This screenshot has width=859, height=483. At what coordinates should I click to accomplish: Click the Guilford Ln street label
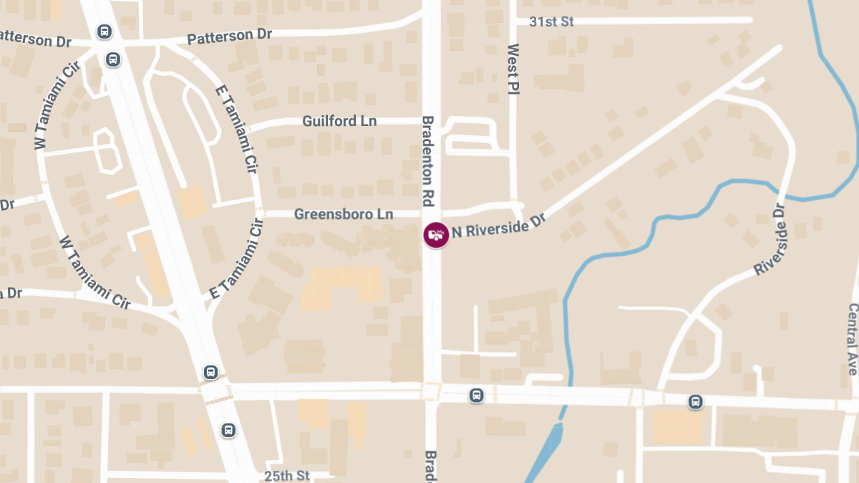point(339,121)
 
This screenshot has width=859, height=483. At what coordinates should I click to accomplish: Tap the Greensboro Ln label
point(344,214)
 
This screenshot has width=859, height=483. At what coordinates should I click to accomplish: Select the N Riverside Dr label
point(498,225)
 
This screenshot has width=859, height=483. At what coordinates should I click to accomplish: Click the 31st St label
point(551,21)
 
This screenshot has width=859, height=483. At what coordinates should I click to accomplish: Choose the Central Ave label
point(853,338)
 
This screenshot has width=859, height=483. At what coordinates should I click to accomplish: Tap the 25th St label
point(286,475)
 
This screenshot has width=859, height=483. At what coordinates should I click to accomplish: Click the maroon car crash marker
point(436,235)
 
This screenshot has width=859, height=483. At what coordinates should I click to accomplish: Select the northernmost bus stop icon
point(105,31)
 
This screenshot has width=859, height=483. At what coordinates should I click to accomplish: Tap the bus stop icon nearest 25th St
point(228,430)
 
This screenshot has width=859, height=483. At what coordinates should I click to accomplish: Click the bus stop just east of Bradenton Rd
point(477,395)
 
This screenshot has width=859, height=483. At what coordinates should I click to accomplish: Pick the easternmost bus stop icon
point(695,401)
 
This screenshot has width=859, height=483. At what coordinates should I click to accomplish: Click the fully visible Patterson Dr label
point(229,36)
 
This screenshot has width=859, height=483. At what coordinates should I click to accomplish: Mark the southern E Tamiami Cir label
point(234,261)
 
